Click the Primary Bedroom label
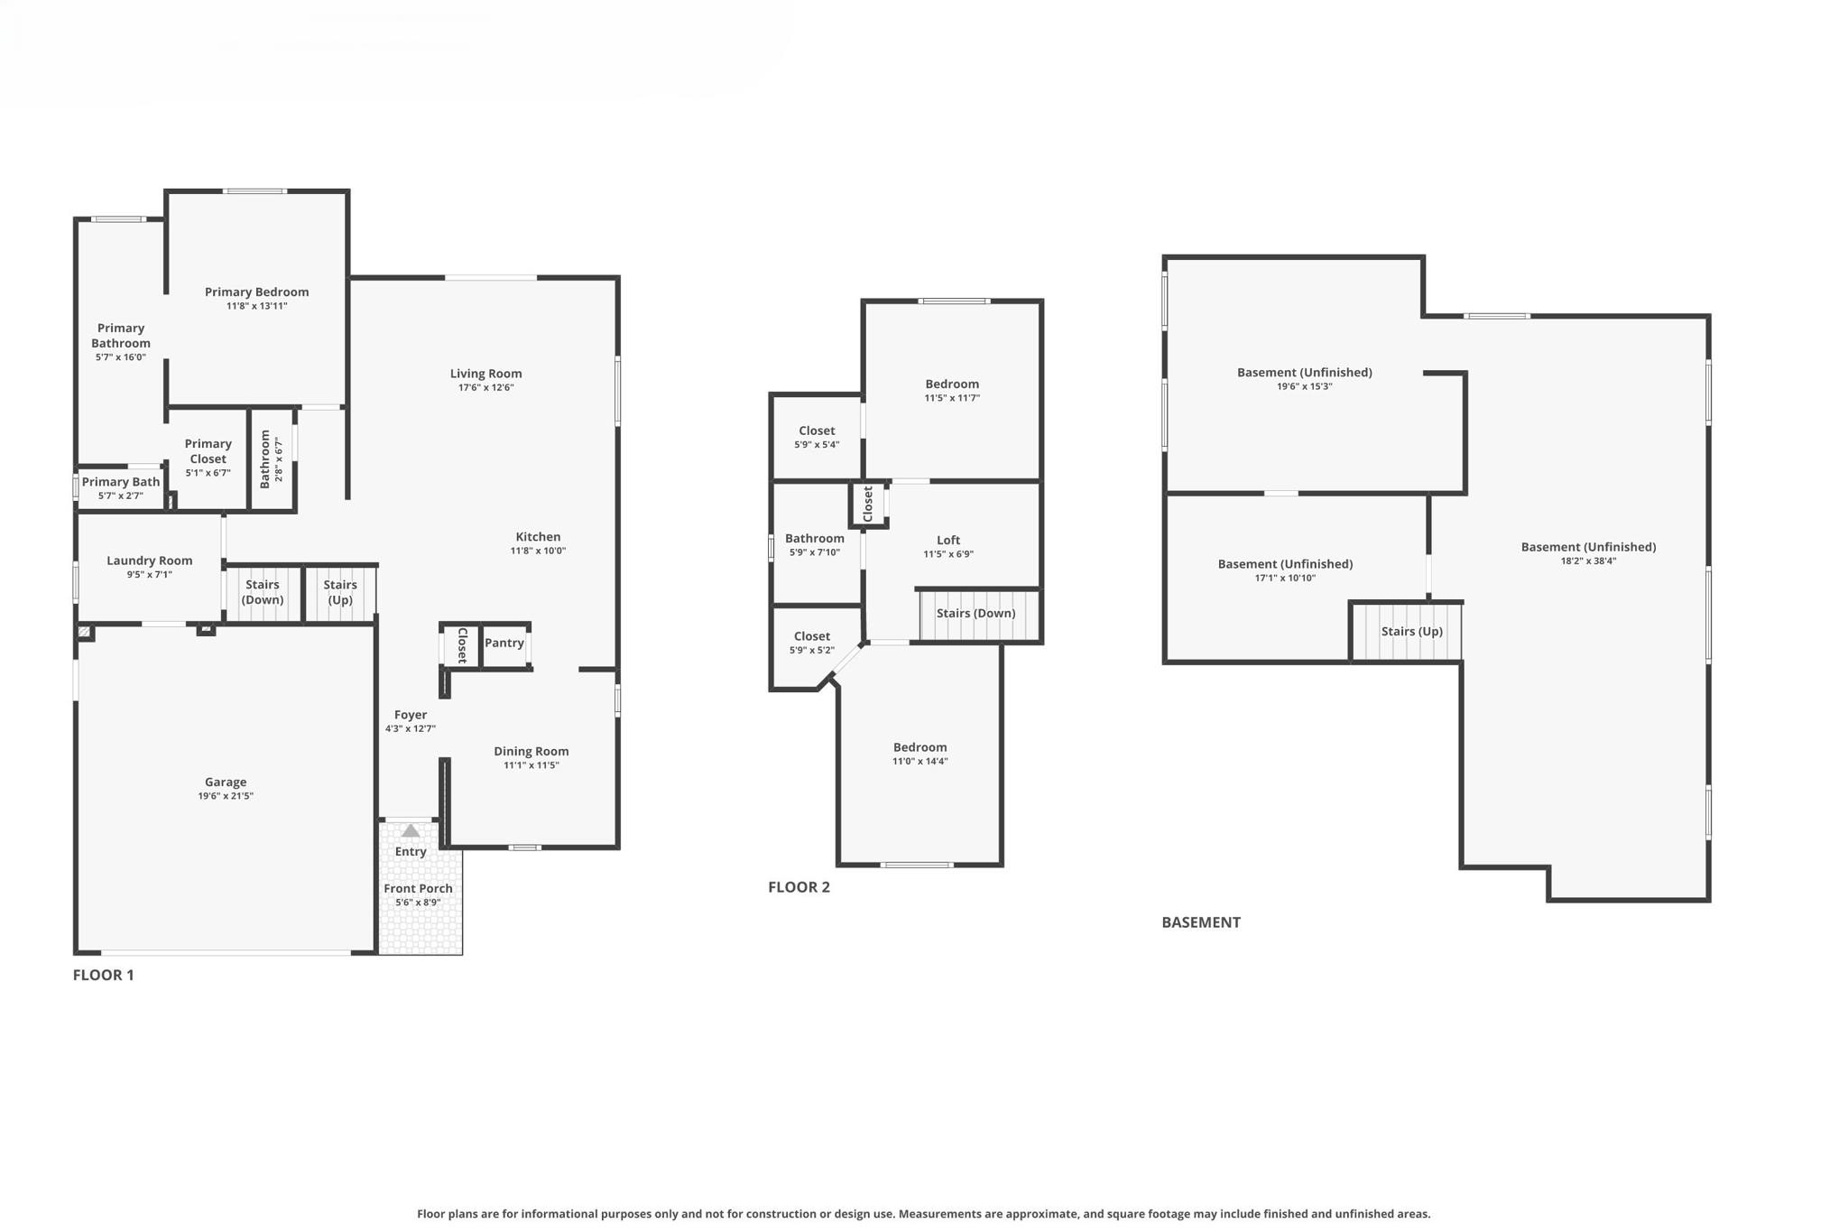point(256,292)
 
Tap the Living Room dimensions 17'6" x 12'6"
point(485,388)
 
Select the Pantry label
point(504,643)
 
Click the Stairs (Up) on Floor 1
point(340,592)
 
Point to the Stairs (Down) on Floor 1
point(263,592)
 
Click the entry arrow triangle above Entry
point(411,830)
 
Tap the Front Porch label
point(418,888)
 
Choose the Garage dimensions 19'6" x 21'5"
point(226,796)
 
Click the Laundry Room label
point(149,560)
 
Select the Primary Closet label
point(208,451)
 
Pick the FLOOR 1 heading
point(103,975)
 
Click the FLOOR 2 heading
point(799,887)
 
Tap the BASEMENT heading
point(1200,922)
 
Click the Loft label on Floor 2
point(948,540)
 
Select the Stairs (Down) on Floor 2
point(975,614)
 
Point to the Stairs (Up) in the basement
point(1411,632)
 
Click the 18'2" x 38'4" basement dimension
point(1588,561)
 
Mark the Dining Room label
point(531,751)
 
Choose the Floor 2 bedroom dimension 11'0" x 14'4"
point(919,762)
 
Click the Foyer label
point(411,715)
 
